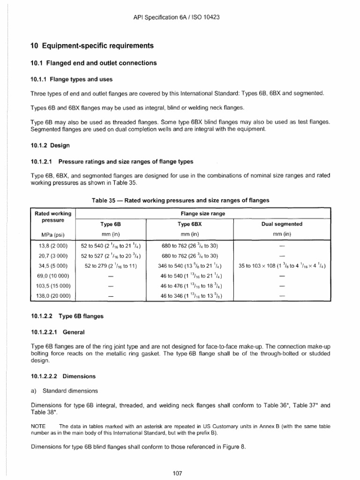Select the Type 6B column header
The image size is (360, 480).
pos(111,224)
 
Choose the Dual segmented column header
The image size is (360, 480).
pos(281,224)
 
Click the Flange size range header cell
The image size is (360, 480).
pos(203,213)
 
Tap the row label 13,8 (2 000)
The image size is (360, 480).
pos(52,246)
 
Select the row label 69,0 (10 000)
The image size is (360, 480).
pos(52,276)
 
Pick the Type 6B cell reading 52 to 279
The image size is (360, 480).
pos(111,266)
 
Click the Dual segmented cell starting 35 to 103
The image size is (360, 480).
pos(282,266)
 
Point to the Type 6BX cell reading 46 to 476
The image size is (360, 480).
pos(191,285)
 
